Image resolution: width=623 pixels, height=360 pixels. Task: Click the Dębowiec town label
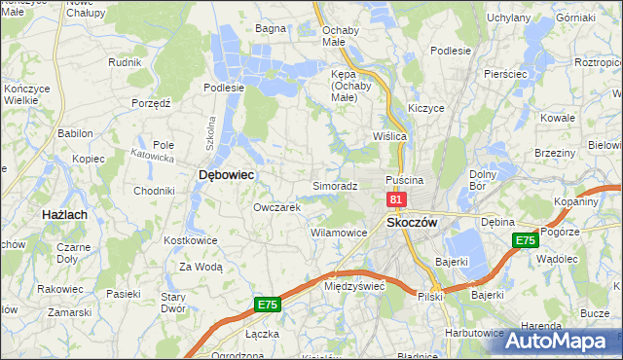tap(226, 174)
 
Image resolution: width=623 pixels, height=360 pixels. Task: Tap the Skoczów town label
tap(414, 222)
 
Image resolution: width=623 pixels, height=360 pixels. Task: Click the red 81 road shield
tap(396, 198)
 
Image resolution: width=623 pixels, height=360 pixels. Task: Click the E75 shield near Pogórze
tap(526, 240)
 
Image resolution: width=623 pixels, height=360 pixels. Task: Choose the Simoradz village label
tap(335, 185)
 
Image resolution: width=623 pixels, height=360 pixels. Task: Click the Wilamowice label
tap(338, 233)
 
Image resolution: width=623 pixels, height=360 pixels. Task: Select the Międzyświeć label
tap(355, 286)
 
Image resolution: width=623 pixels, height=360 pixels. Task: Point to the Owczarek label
tap(276, 207)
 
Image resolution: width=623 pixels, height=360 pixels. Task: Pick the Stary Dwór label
tap(173, 302)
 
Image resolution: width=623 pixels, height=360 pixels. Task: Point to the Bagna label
tap(270, 28)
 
